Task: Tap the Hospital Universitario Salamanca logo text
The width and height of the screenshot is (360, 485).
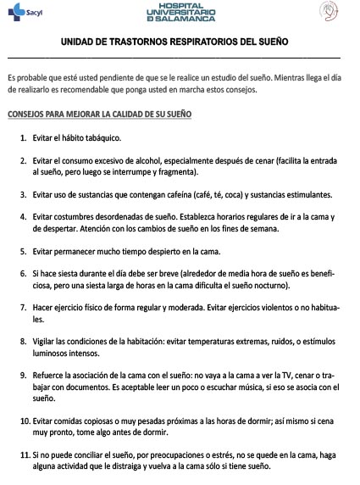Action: [x=180, y=12]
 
